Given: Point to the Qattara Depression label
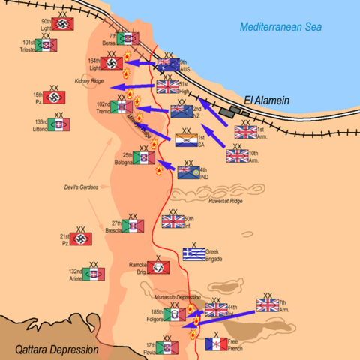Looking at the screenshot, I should click(57, 349).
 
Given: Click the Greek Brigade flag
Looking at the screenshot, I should click(193, 254).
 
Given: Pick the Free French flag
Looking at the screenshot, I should click(216, 344).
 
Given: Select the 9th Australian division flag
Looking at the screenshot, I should click(168, 65).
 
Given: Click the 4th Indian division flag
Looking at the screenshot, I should click(188, 172).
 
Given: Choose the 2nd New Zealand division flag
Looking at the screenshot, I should click(181, 112).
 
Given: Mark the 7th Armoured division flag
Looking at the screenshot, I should click(267, 304).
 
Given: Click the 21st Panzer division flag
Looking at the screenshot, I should click(81, 239).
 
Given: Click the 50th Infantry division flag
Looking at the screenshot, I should click(172, 221).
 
